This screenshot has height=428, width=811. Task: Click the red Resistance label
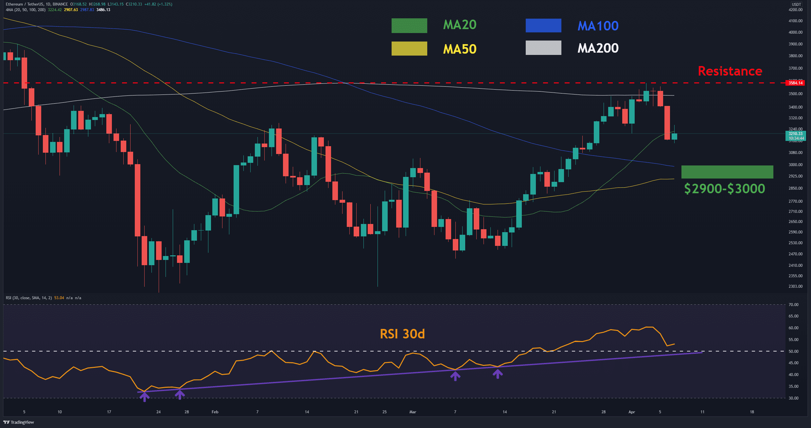point(730,71)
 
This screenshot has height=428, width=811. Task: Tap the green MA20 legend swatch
point(409,26)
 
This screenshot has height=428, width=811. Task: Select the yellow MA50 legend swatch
point(409,48)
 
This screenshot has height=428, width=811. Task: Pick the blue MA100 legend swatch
point(543,26)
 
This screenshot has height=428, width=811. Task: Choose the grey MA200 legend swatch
point(543,48)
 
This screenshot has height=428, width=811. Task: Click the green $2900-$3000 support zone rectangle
point(727,172)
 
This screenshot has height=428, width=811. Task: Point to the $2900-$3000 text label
point(725,189)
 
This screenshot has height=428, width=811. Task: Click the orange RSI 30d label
point(402,334)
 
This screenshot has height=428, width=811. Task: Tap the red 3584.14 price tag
point(795,83)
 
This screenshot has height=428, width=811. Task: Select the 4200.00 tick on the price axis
point(795,10)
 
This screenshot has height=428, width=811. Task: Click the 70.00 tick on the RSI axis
point(793,305)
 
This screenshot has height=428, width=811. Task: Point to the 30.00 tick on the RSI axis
point(793,398)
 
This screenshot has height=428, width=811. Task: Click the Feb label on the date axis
point(215,412)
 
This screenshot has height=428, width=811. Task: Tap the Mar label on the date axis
point(413,412)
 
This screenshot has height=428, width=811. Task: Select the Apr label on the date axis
point(632,412)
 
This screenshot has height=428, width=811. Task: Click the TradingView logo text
point(19,422)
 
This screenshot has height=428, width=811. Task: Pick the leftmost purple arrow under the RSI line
point(145,397)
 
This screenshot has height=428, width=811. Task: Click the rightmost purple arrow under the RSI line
point(498,374)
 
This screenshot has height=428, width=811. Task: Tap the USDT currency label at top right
point(796,4)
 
